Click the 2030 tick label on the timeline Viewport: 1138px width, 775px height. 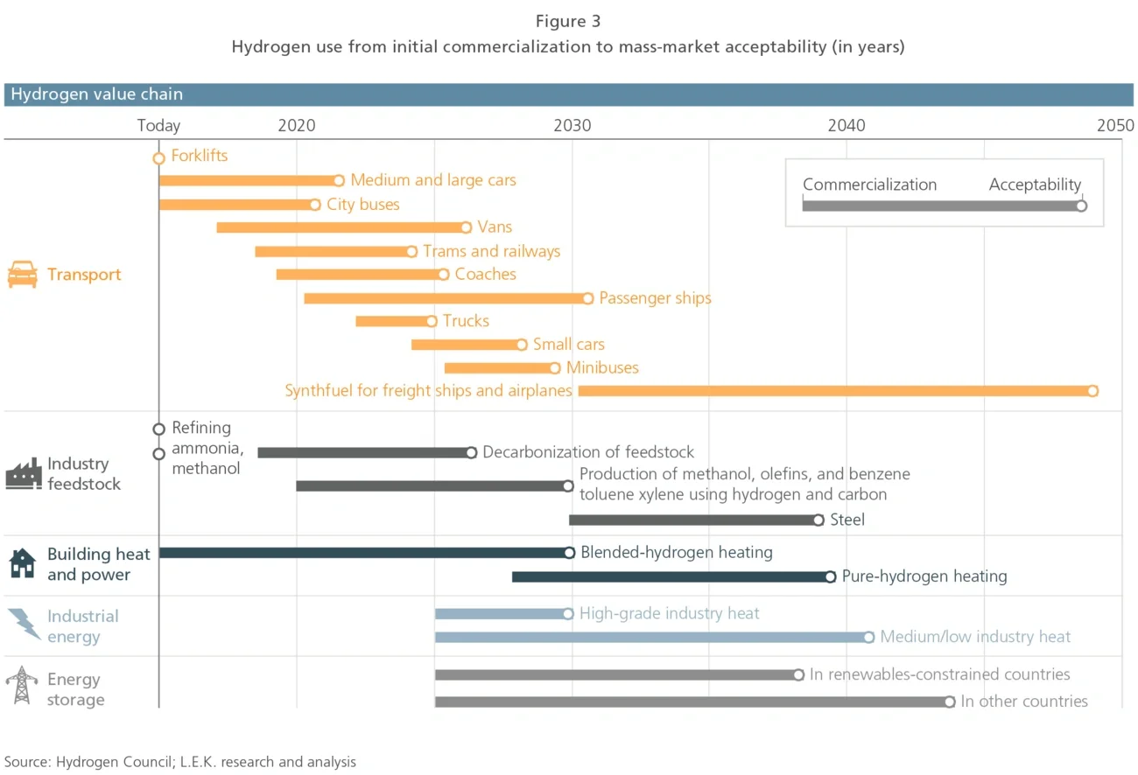pyautogui.click(x=572, y=125)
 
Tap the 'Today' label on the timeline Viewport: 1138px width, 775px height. pyautogui.click(x=158, y=125)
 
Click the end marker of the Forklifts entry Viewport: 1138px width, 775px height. pyautogui.click(x=158, y=158)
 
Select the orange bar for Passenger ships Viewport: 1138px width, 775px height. pyautogui.click(x=445, y=298)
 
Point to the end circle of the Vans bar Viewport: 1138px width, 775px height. pyautogui.click(x=466, y=227)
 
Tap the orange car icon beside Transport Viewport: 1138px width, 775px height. pyautogui.click(x=23, y=275)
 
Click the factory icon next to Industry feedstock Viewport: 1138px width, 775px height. pyautogui.click(x=23, y=473)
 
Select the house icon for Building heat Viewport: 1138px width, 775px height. pyautogui.click(x=23, y=563)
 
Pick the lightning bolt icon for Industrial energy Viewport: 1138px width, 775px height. pyautogui.click(x=24, y=625)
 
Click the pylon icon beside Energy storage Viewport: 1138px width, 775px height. pyautogui.click(x=22, y=686)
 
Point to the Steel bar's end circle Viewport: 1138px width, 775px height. pyautogui.click(x=818, y=520)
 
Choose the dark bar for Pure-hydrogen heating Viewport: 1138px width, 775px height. pyautogui.click(x=670, y=576)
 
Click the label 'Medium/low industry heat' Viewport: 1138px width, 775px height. pyautogui.click(x=975, y=637)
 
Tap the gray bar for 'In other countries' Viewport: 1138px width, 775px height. pyautogui.click(x=691, y=702)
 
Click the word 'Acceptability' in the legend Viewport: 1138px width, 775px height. pyautogui.click(x=1035, y=185)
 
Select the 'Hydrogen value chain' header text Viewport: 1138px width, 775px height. pyautogui.click(x=97, y=94)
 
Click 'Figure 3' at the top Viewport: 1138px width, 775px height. pyautogui.click(x=568, y=21)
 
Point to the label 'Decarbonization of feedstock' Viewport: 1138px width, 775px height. pyautogui.click(x=588, y=452)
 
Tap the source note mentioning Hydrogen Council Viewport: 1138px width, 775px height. pyautogui.click(x=180, y=762)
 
